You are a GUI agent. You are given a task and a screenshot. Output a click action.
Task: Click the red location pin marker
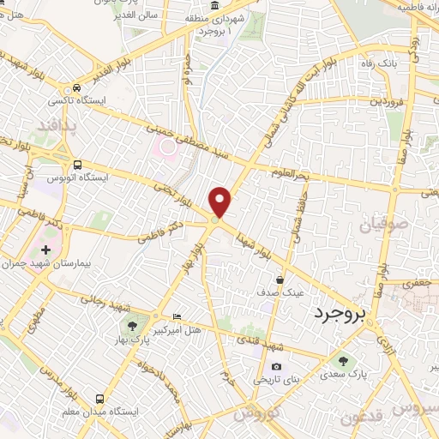point(220,201)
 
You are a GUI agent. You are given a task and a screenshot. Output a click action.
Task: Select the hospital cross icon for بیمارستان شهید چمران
point(45,250)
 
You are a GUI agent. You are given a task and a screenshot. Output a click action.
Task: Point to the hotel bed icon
point(177,316)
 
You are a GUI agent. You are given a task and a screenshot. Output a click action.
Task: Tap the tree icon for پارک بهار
point(132,325)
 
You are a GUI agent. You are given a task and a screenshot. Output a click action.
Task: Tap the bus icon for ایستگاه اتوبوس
point(78,165)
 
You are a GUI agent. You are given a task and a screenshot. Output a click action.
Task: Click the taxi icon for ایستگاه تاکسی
point(78,87)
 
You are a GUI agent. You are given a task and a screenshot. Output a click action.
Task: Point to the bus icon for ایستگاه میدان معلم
point(99,400)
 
